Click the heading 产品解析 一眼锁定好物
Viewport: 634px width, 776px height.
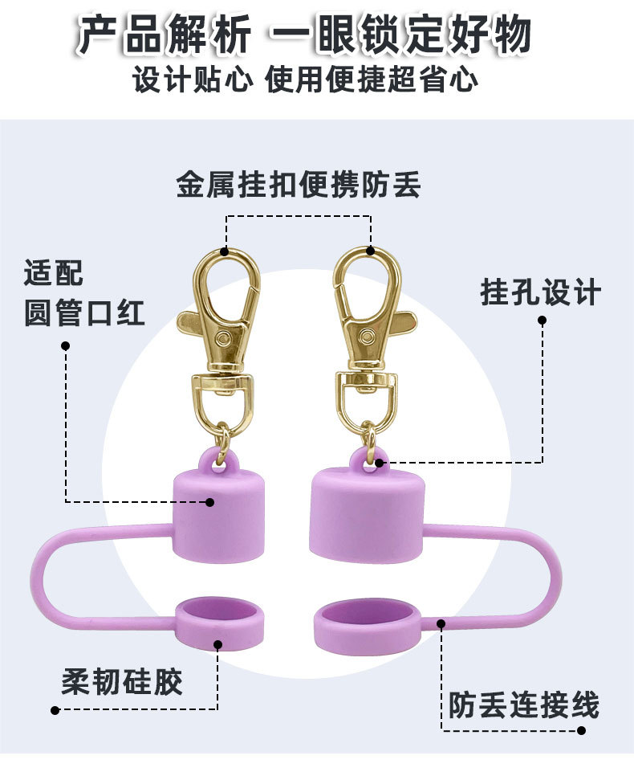(x=304, y=35)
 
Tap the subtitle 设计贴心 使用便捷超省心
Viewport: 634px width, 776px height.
(x=305, y=80)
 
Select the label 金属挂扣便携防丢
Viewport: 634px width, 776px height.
(x=299, y=186)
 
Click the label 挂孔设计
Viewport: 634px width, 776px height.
(x=540, y=292)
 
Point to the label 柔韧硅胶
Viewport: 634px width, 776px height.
(x=122, y=682)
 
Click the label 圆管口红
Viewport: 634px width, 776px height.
(x=84, y=312)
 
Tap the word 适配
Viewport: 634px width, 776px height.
(x=54, y=274)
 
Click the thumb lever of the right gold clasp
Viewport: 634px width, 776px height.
(x=399, y=321)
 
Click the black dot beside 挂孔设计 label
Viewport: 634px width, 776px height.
(x=542, y=320)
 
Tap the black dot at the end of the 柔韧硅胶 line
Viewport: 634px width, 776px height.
(x=55, y=709)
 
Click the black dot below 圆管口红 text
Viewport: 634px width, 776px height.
(x=66, y=346)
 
